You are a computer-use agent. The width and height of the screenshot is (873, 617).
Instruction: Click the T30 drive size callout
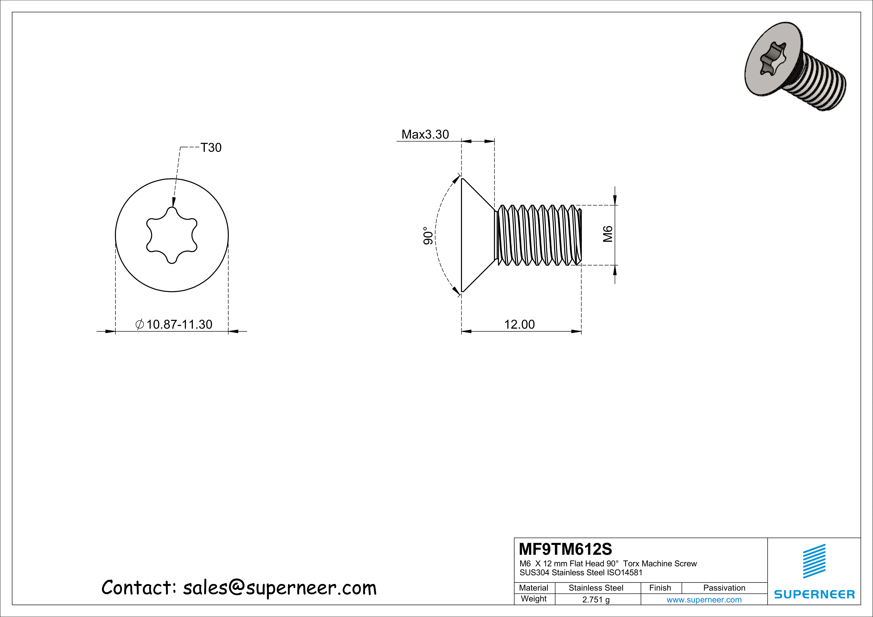(x=211, y=147)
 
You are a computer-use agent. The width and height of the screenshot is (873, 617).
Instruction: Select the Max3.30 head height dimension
(x=425, y=134)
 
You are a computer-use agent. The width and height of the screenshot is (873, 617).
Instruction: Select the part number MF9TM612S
(x=565, y=549)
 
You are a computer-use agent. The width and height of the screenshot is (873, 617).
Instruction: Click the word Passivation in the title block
(x=724, y=588)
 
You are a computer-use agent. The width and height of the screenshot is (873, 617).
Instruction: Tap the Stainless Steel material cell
(x=596, y=588)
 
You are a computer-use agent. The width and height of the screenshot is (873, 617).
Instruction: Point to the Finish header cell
(x=660, y=588)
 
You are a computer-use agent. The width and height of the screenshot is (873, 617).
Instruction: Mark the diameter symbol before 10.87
(x=140, y=324)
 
